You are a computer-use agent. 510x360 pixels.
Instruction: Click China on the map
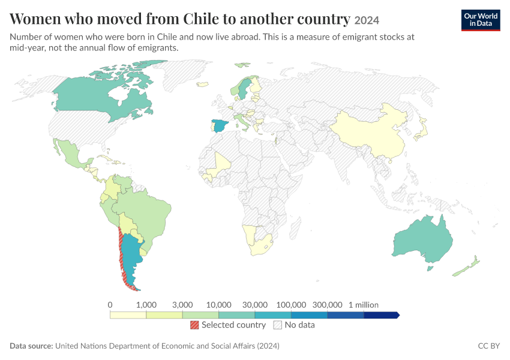pos(371,133)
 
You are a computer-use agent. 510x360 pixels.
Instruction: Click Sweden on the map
pos(243,88)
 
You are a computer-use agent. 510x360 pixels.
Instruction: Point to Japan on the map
pos(421,130)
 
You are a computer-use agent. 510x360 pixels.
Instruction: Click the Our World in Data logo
pos(481,20)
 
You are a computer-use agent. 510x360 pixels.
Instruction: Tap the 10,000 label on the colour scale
pos(218,305)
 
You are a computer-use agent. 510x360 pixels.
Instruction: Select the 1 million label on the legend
pos(364,305)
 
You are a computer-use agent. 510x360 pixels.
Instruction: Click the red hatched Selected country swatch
pos(194,325)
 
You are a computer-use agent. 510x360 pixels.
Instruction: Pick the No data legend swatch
pos(278,325)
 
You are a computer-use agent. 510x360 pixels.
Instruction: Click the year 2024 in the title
pos(367,20)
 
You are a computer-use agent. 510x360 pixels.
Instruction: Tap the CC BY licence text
pos(489,346)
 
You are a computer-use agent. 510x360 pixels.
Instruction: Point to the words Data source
pos(31,346)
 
